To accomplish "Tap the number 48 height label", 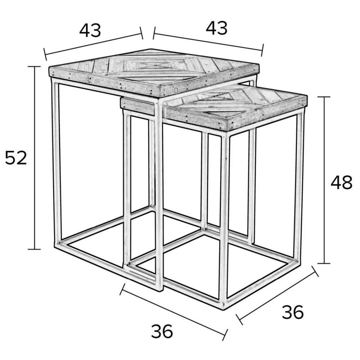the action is coord(341,182).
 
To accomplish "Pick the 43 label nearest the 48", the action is coord(217,28).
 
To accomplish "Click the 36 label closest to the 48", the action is coord(293,312).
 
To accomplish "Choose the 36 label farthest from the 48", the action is coord(162,331).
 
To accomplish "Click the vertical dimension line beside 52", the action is coord(34,158).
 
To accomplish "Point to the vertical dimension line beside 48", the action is coord(324,180).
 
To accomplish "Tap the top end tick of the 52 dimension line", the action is coord(34,67).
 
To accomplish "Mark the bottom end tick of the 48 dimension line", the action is coord(324,263).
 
